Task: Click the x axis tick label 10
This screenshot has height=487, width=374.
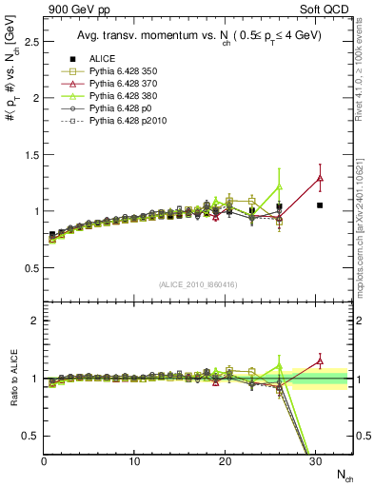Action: tap(134, 461)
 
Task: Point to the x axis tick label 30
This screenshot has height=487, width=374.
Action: tap(315, 461)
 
